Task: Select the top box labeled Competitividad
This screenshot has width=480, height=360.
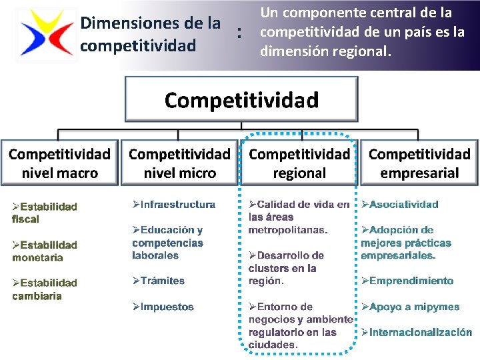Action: [241, 99]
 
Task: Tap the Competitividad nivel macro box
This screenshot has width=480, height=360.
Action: [59, 163]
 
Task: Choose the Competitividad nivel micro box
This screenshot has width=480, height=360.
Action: [179, 163]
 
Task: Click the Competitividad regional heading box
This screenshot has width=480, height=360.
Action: [299, 163]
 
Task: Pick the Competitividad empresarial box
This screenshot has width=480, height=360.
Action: [419, 163]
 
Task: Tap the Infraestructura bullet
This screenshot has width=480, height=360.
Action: [174, 205]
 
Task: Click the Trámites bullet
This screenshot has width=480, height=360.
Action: [159, 281]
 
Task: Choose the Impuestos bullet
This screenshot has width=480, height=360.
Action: [163, 307]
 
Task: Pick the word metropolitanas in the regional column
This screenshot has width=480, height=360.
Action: [287, 230]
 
